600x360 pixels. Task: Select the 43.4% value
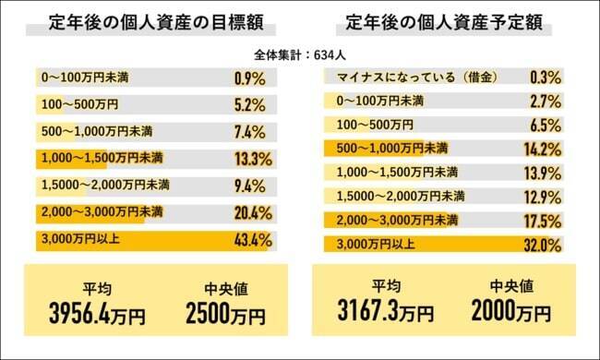pos(252,241)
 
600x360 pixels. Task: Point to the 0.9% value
pos(252,76)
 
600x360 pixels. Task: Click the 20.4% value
pos(252,213)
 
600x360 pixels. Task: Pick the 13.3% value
pos(252,158)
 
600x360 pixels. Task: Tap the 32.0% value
pos(543,246)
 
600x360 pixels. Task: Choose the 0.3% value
pos(546,76)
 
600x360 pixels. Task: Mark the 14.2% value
pos(543,149)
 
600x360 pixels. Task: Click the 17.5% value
pos(543,222)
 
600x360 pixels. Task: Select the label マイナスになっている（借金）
pos(392,76)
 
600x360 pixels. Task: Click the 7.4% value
pos(252,130)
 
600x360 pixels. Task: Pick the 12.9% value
pos(543,197)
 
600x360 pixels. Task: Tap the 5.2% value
pos(252,103)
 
